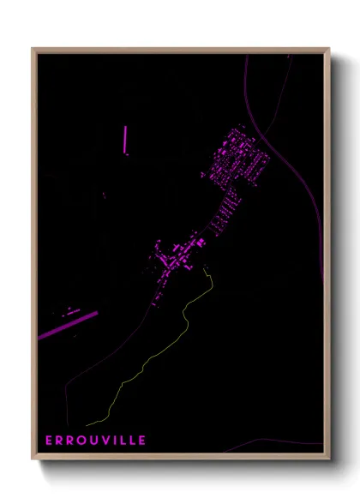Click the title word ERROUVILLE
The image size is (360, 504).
[97, 440]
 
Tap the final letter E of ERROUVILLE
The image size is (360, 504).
[143, 440]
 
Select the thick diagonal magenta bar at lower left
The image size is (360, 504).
[69, 325]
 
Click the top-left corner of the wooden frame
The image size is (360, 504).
[33, 49]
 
